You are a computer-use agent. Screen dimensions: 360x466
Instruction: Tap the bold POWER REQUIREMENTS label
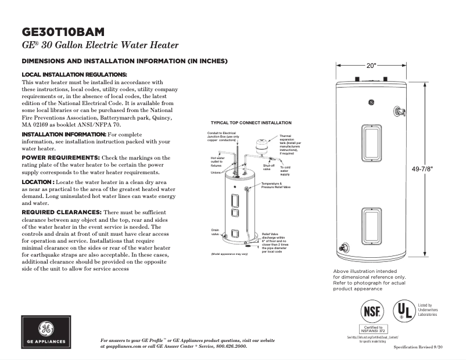point(60,158)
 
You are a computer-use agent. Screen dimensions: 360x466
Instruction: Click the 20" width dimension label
point(371,66)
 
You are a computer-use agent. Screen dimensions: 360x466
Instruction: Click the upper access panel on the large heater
point(371,142)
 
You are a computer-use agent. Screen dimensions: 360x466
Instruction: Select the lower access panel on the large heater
point(371,225)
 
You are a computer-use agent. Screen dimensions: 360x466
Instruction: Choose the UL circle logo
point(404,311)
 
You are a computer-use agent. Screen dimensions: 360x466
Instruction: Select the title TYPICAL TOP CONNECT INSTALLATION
point(250,123)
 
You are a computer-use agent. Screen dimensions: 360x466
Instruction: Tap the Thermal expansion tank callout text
point(289,143)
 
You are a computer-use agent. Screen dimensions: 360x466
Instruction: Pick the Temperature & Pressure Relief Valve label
point(275,186)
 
